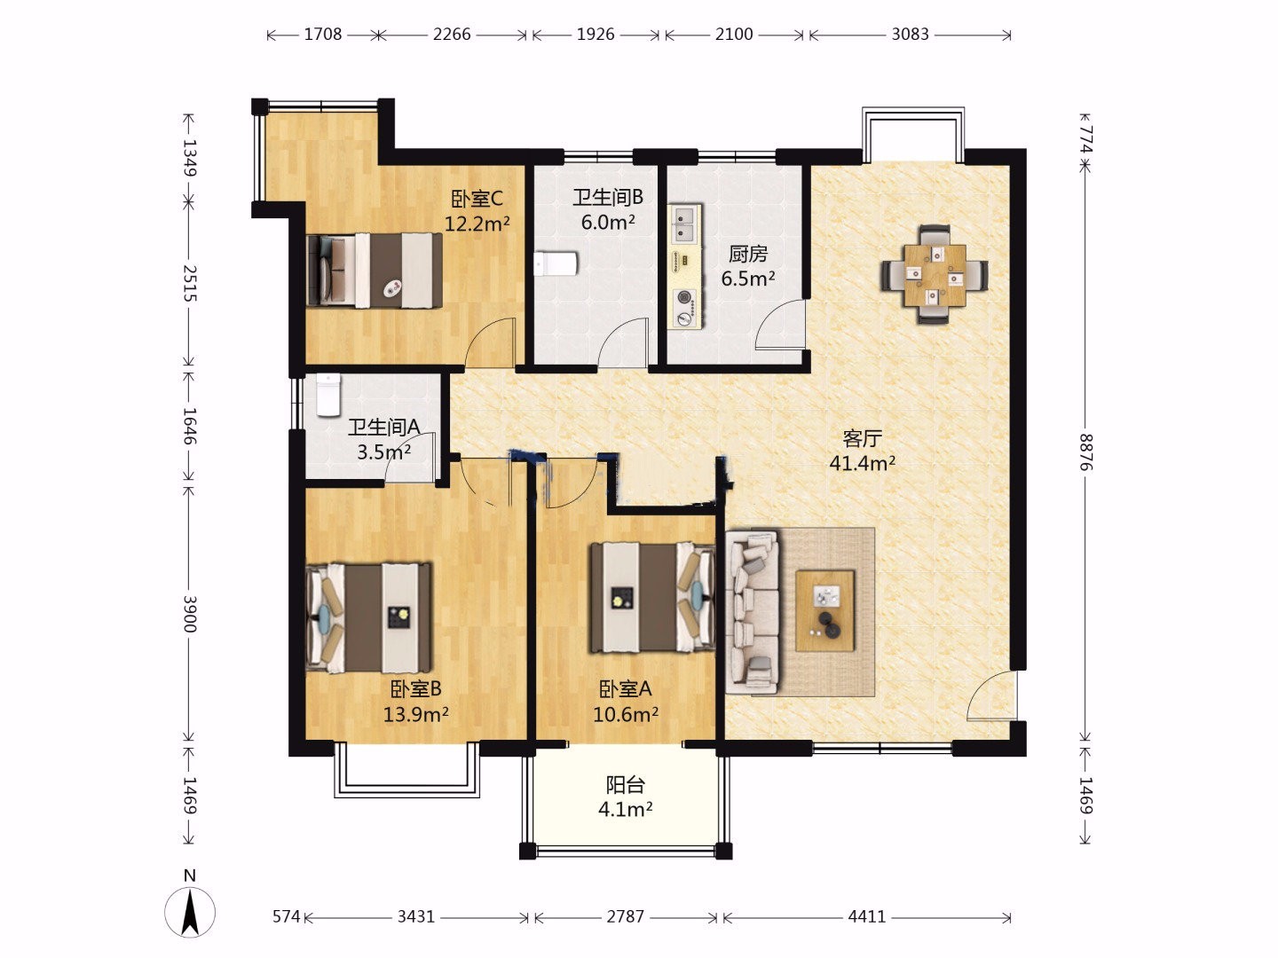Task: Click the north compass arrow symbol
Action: tap(190, 911)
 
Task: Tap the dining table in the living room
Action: tap(935, 275)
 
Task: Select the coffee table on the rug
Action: tap(825, 611)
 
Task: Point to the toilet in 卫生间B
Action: tap(556, 263)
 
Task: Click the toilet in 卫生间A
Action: tap(328, 396)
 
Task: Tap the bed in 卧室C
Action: tap(375, 271)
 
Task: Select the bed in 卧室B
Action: tap(369, 617)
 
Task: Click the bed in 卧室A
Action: tap(652, 597)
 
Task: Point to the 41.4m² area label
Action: tap(863, 464)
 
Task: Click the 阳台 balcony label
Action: tap(626, 785)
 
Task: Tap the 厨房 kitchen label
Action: tap(748, 254)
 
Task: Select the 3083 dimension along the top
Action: tap(910, 35)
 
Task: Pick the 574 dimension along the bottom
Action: tap(287, 916)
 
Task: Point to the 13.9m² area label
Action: tap(415, 714)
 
